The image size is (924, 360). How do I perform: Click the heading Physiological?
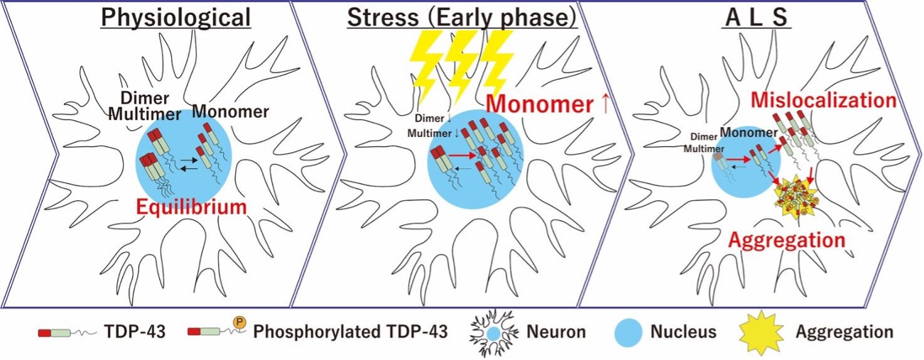[x=175, y=17]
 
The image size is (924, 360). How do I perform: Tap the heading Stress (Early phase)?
[x=462, y=17]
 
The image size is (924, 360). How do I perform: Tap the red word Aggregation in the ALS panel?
[x=788, y=239]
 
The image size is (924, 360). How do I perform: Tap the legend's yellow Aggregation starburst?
[x=761, y=332]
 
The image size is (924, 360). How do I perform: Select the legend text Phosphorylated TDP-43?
[x=350, y=332]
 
